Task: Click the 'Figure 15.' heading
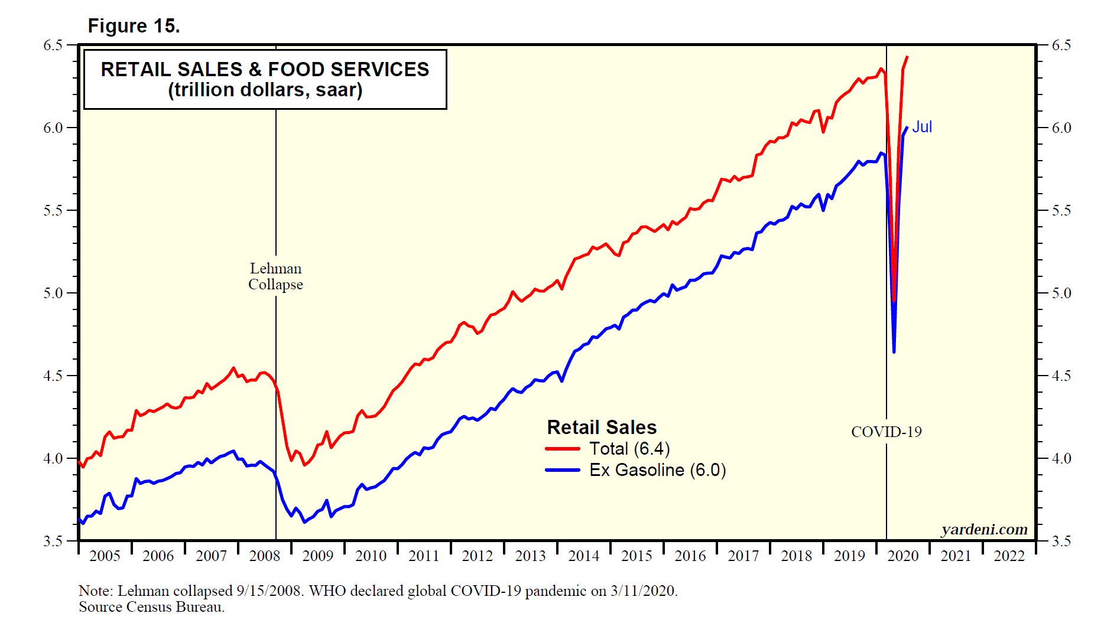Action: click(134, 26)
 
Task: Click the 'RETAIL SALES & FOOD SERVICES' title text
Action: click(265, 69)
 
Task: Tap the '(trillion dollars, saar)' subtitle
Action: click(265, 90)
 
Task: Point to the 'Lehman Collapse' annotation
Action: click(275, 276)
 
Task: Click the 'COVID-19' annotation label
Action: click(886, 432)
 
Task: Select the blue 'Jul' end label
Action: click(922, 127)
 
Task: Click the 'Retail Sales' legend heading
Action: click(602, 427)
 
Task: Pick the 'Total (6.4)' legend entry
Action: click(629, 449)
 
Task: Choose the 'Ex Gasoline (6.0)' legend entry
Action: click(657, 470)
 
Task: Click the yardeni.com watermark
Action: click(984, 529)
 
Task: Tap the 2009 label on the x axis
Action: click(318, 556)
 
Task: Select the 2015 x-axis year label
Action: click(637, 556)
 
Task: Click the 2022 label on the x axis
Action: click(1009, 556)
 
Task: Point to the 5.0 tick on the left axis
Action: click(53, 293)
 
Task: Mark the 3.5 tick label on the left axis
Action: click(53, 541)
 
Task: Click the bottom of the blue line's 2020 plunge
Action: click(894, 352)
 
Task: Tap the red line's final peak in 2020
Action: click(907, 57)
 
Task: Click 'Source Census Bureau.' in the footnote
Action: click(152, 607)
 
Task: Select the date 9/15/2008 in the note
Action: click(269, 591)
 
